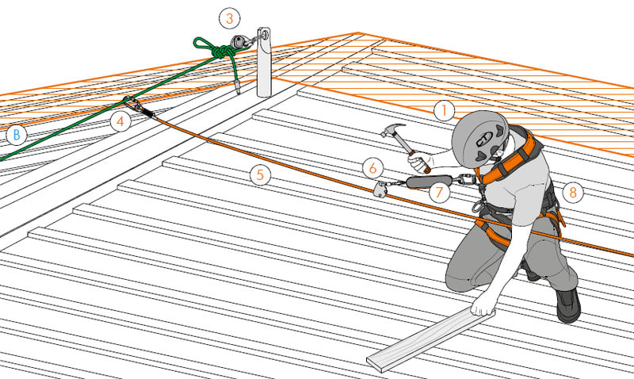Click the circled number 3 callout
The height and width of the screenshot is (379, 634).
click(x=230, y=18)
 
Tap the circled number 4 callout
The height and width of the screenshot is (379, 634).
click(x=120, y=121)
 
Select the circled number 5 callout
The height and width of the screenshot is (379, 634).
click(x=260, y=174)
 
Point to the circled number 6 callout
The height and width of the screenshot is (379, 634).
click(x=372, y=168)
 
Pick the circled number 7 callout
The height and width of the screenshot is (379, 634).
click(x=440, y=193)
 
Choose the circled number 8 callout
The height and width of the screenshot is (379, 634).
click(x=572, y=192)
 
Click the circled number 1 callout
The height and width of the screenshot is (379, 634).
click(x=445, y=110)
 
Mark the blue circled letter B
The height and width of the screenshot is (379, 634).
click(x=17, y=135)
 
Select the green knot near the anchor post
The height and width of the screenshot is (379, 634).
click(x=222, y=52)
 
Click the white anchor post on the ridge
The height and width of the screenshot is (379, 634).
click(x=264, y=62)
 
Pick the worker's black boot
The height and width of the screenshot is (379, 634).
click(x=567, y=305)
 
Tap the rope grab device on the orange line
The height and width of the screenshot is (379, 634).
click(x=381, y=189)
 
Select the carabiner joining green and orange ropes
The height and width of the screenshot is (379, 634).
click(x=134, y=105)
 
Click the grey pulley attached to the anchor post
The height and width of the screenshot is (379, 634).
click(x=239, y=42)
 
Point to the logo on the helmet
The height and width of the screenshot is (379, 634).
click(x=484, y=139)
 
